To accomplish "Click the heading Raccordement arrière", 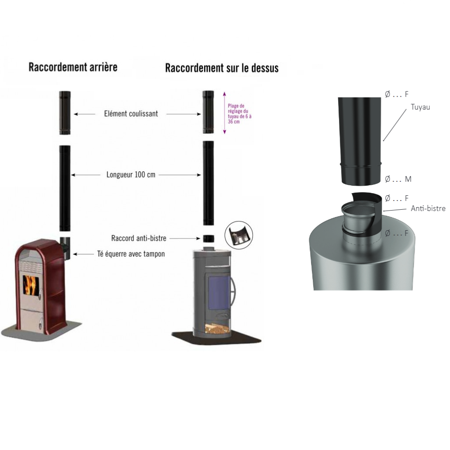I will coord(73,67).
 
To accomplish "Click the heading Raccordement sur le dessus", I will coord(222,68).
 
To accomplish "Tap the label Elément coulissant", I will coord(131,114).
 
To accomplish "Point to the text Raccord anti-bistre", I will coord(139,239).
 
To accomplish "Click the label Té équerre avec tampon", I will coord(131,254).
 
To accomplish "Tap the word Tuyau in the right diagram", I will coord(420,107).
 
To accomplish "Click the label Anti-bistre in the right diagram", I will coord(428,209).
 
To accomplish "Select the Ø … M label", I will coord(398,179).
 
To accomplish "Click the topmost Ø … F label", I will coord(396,94).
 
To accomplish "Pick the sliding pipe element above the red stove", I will coord(65,113).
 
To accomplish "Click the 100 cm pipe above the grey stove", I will coord(208,183).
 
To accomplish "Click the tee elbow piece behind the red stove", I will coord(64,245).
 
